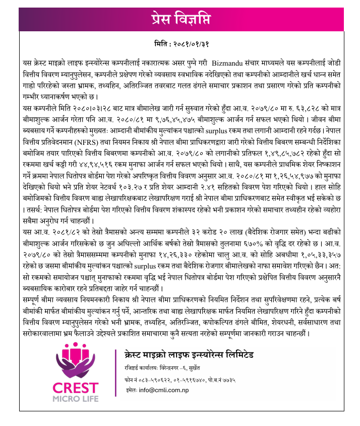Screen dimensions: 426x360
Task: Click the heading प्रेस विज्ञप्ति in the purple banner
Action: [180, 19]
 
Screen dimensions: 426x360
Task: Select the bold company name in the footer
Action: [189, 352]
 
